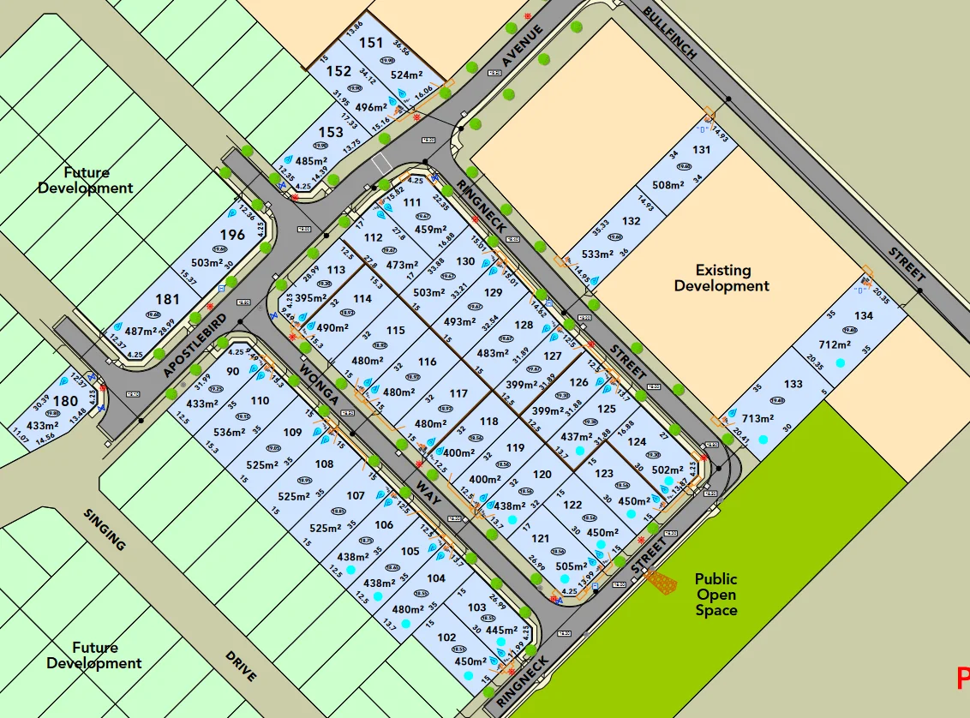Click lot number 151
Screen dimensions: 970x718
point(371,43)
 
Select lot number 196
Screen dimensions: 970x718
point(232,234)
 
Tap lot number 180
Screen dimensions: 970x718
point(65,401)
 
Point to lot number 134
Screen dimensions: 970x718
point(863,315)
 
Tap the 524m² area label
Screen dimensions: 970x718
point(407,74)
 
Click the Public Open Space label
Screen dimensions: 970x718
point(716,595)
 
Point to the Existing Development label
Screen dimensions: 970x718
point(722,278)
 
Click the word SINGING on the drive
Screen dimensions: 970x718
point(105,529)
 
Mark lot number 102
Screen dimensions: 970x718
point(446,637)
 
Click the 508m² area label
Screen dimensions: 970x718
point(668,184)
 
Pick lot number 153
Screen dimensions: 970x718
point(331,132)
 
